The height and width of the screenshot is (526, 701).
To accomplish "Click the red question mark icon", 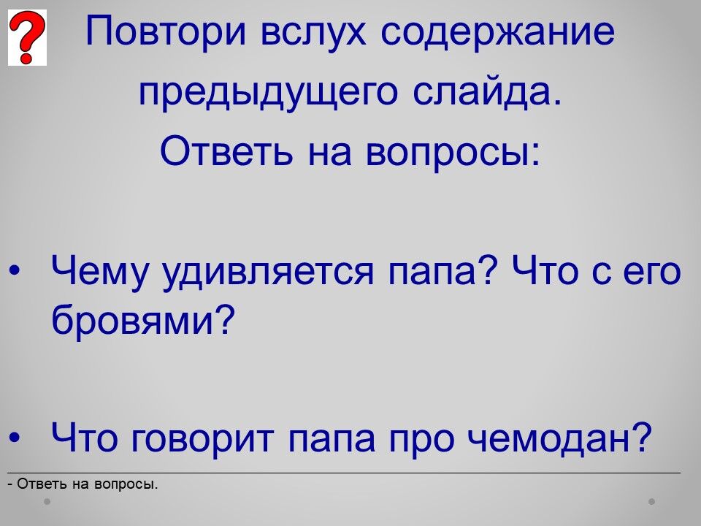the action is click(x=27, y=37).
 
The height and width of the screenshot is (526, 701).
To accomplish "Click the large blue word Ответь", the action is click(x=226, y=150).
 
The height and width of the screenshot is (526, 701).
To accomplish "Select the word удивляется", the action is click(x=268, y=272).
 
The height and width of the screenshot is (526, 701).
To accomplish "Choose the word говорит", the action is click(x=202, y=438).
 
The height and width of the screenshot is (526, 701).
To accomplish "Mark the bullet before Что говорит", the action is click(x=15, y=438).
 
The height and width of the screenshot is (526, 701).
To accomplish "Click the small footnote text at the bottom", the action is click(x=83, y=484).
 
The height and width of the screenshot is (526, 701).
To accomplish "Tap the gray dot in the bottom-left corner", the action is click(x=47, y=502).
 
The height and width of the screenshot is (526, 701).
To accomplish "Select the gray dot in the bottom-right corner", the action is click(x=652, y=502).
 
